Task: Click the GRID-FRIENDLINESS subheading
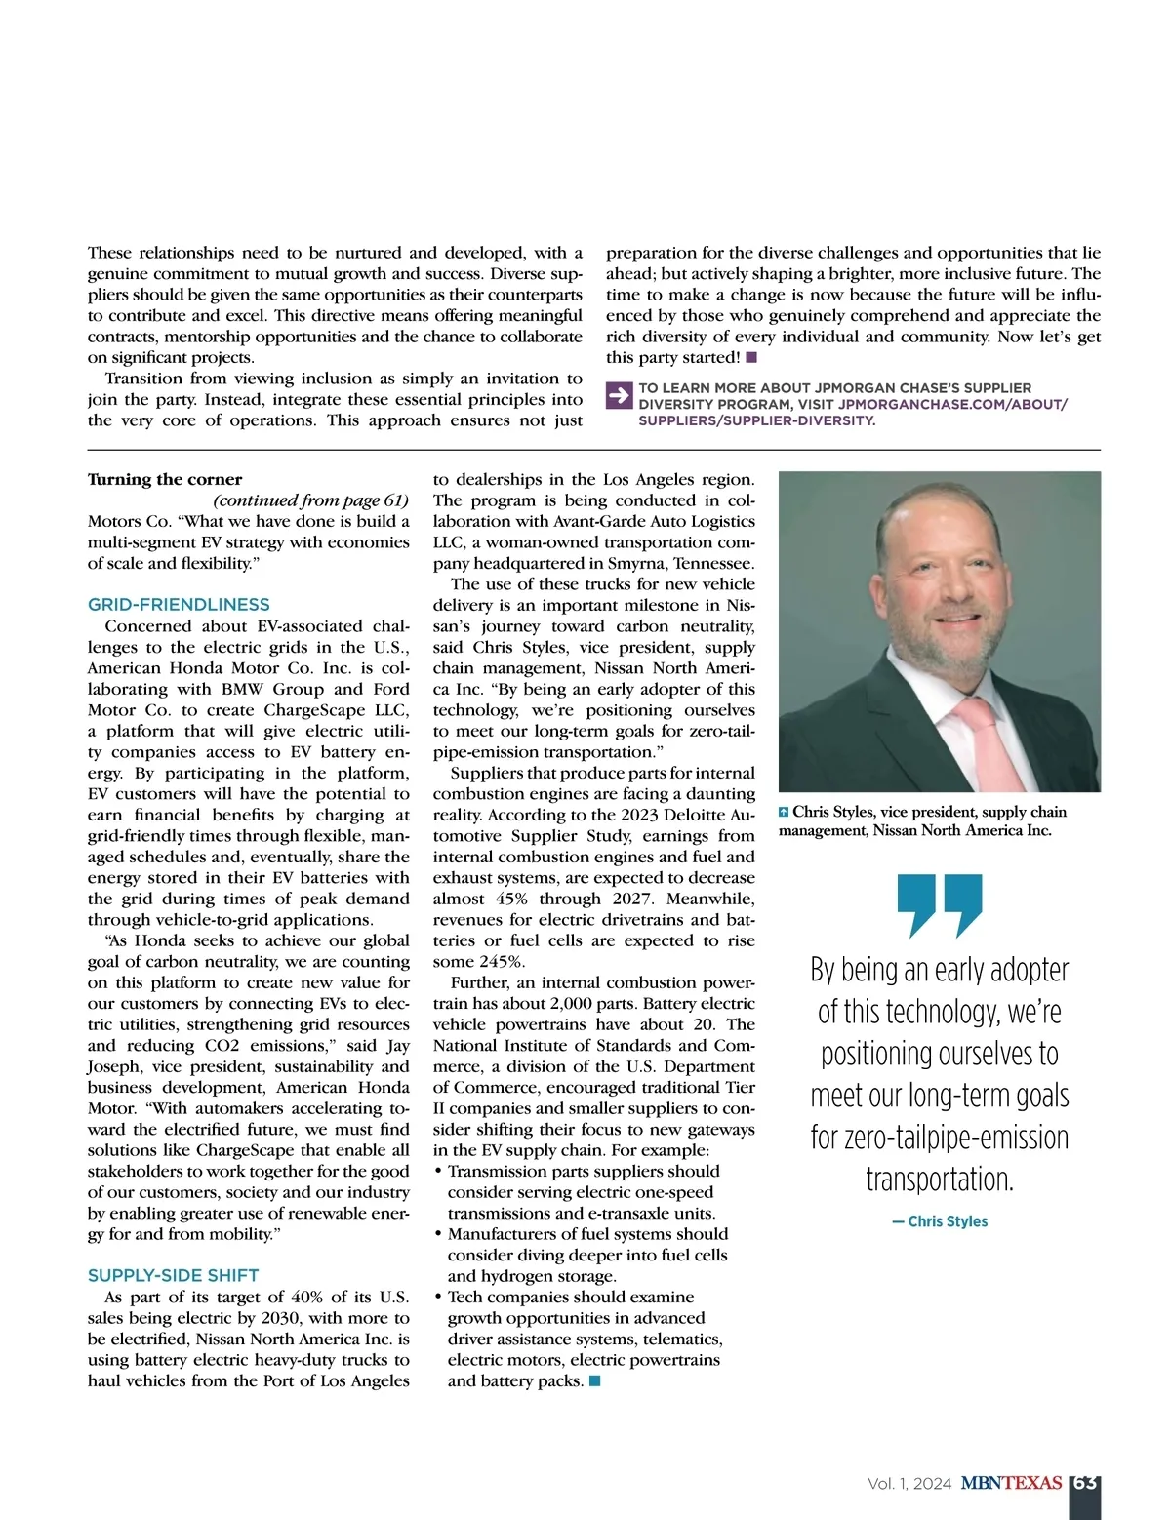[179, 605]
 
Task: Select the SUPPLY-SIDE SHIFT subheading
[174, 1276]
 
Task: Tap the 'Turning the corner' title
[165, 479]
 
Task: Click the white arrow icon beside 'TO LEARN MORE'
[619, 396]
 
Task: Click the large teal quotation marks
[939, 905]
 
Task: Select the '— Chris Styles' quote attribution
[940, 1221]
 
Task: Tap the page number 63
[1084, 1483]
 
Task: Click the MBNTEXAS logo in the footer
[1011, 1483]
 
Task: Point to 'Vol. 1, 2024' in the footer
[909, 1484]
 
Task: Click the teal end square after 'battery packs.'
[595, 1381]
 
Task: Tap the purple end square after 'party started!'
[751, 358]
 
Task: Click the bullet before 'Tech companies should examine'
[438, 1298]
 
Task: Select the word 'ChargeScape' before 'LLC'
[312, 710]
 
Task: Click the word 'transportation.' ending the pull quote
[940, 1180]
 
